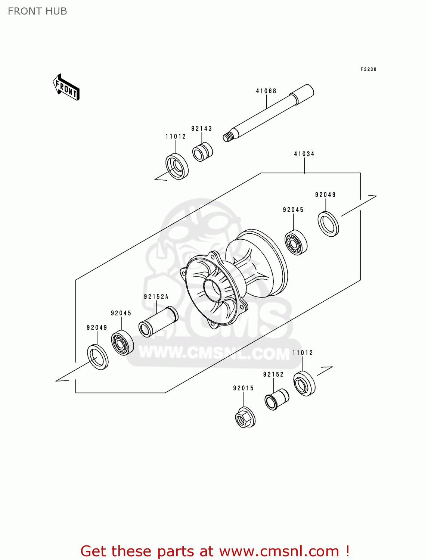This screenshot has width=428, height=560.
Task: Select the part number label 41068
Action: point(266,91)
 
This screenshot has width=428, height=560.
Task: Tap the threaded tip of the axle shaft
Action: point(227,137)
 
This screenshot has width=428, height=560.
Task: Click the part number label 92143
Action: point(202,128)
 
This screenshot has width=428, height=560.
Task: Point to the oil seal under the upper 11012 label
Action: point(177,167)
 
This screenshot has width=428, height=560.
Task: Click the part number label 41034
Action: point(304,154)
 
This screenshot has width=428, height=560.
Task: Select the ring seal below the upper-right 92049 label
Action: point(328,224)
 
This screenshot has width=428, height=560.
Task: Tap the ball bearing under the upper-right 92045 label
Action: point(296,243)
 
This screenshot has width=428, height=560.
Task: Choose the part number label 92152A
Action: point(156,297)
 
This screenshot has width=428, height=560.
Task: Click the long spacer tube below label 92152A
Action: point(158,322)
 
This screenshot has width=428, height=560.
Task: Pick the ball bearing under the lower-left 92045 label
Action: point(122,343)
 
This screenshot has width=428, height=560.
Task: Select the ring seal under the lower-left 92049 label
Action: point(98,358)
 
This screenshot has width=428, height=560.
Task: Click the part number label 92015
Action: point(244,388)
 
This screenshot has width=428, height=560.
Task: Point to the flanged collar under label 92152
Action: point(276,399)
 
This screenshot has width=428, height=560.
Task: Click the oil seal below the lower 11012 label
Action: point(304,383)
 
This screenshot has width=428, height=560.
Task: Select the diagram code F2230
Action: point(368,69)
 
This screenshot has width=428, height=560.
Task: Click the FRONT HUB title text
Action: point(37,11)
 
